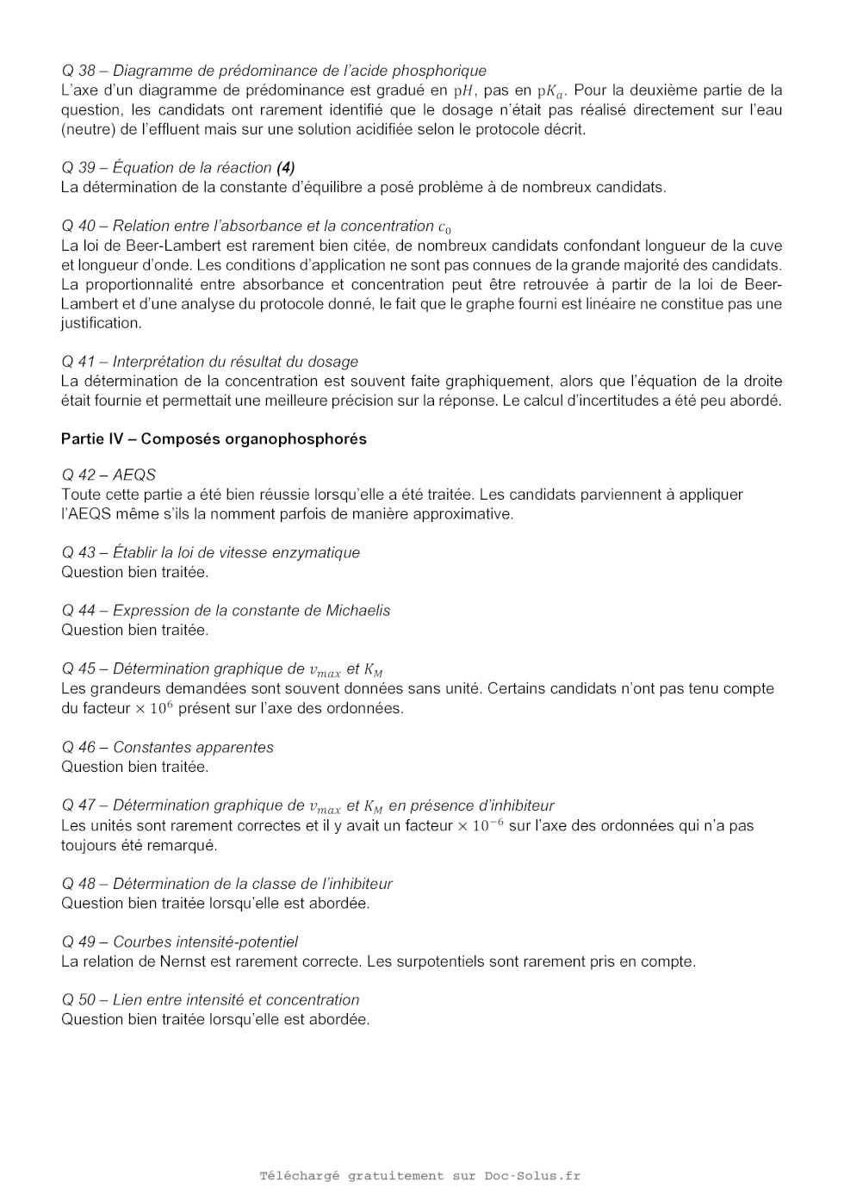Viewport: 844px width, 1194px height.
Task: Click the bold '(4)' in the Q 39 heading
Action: pos(286,168)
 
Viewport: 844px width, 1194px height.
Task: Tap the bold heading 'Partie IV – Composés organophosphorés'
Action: pos(214,439)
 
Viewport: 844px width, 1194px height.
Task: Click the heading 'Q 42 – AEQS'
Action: pos(109,475)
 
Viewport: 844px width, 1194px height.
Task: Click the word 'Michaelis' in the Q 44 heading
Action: pos(357,611)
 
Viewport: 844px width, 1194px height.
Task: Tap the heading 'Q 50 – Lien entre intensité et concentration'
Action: pos(210,1000)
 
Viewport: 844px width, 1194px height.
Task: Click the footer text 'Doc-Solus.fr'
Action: pos(532,1176)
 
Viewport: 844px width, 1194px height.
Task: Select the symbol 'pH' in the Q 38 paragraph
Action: pos(464,90)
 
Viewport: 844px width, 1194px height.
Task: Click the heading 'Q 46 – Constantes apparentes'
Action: pos(167,748)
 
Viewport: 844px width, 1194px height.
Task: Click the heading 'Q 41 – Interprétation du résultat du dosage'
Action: pos(209,362)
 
